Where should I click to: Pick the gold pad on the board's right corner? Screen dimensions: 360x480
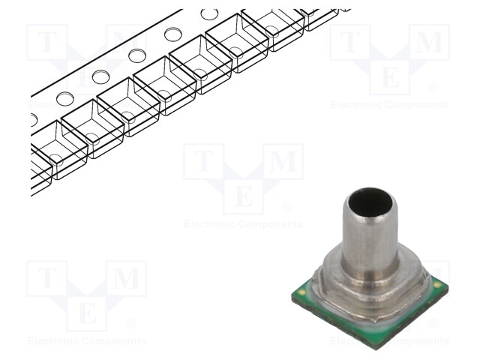(x=437, y=286)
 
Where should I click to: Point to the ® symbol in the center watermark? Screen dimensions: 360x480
(x=286, y=206)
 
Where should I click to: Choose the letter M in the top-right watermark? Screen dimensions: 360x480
(x=430, y=42)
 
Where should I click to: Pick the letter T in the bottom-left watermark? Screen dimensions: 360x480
(x=46, y=279)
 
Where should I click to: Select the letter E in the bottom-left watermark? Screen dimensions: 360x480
(x=87, y=313)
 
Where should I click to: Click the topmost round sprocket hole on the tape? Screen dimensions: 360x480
(x=210, y=14)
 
